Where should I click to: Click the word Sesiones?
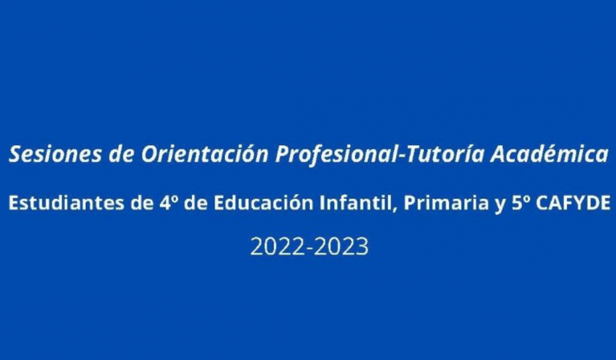coord(55,154)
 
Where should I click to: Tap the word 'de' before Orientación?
coord(121,154)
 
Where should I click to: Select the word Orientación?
coord(204,153)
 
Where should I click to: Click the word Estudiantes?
coord(66,203)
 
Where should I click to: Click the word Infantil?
coord(356,203)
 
